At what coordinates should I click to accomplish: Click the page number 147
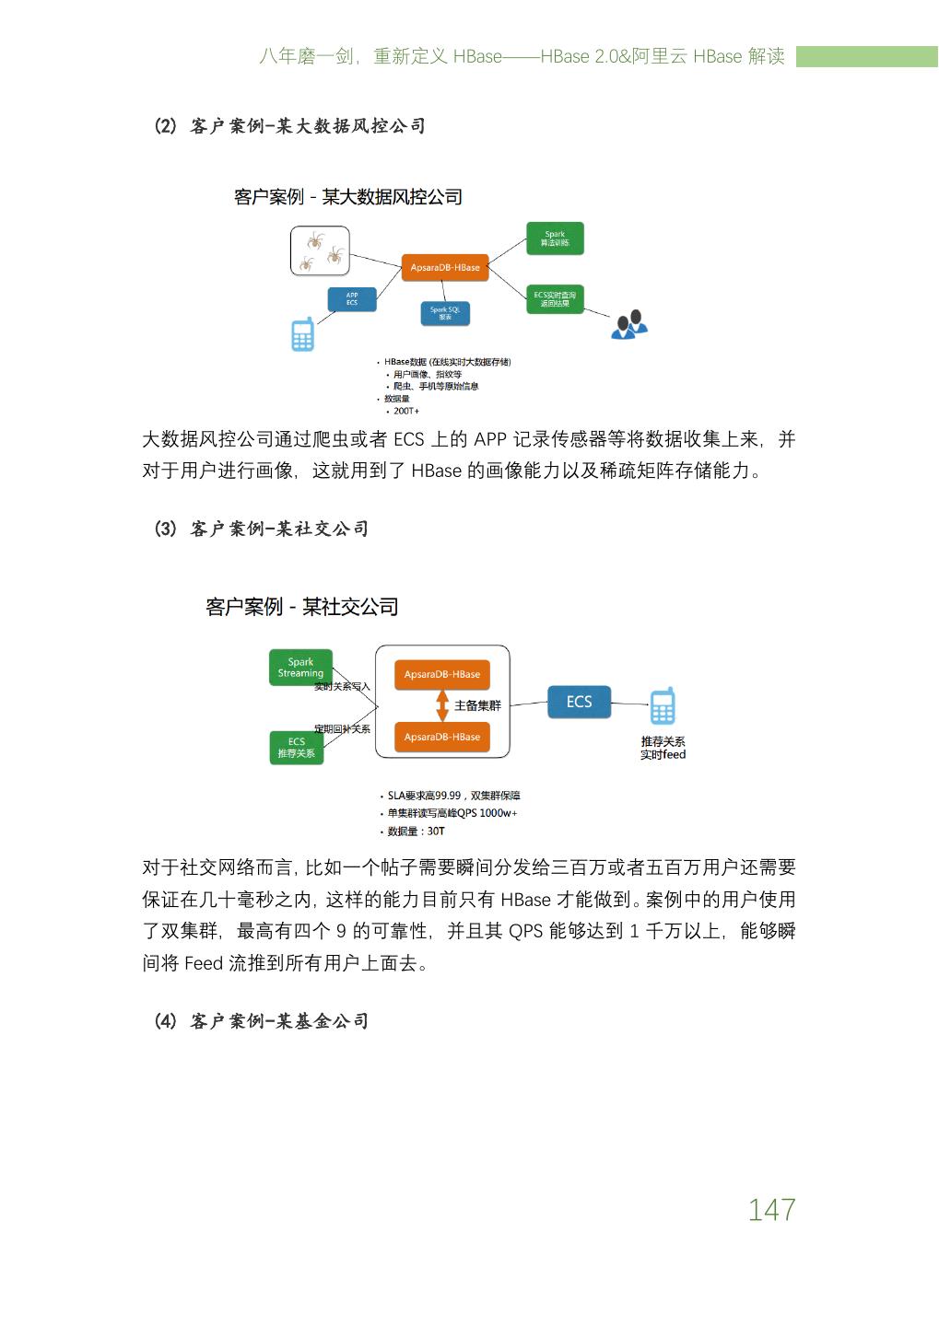(771, 1209)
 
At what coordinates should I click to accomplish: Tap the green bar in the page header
(866, 56)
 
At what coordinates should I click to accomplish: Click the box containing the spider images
(320, 250)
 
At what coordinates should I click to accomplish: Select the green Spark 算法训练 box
(555, 238)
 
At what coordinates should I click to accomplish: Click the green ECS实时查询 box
(555, 298)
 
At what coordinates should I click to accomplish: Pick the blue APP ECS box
(352, 298)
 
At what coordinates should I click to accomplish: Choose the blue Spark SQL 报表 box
(445, 313)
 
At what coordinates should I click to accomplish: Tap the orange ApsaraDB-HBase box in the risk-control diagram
(445, 267)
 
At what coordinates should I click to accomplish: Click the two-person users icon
(629, 324)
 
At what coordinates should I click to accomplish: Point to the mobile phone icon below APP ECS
(302, 334)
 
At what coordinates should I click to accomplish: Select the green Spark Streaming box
(300, 668)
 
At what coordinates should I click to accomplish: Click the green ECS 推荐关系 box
(297, 748)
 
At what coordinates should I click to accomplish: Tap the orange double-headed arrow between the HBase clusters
(441, 705)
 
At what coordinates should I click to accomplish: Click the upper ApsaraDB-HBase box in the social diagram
(442, 674)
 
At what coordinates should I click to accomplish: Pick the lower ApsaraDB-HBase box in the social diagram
(442, 737)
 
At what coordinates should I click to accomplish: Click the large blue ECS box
(579, 702)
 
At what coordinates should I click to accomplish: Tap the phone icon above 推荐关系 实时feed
(663, 706)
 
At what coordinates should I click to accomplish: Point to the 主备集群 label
(477, 705)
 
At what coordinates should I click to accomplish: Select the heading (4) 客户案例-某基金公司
(262, 1021)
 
